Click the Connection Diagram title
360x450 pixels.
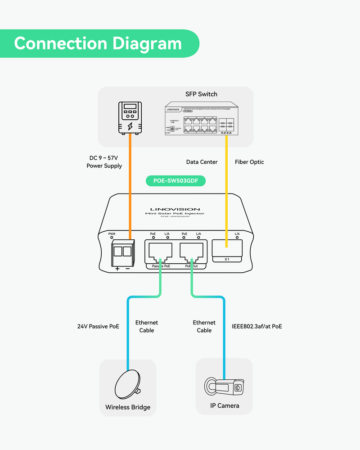point(98,44)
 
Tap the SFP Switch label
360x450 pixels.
point(201,94)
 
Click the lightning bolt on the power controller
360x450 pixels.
point(130,126)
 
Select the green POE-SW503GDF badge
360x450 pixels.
point(175,181)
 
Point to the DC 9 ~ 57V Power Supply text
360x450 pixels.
point(104,162)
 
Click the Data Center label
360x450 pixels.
point(202,162)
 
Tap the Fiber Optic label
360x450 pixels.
point(249,162)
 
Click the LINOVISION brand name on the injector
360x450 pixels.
point(175,209)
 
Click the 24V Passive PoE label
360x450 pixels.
point(98,326)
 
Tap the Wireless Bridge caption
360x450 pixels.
point(128,407)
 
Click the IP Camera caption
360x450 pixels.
point(225,405)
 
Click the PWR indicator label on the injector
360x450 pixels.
point(112,234)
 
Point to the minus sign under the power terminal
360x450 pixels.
point(127,269)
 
